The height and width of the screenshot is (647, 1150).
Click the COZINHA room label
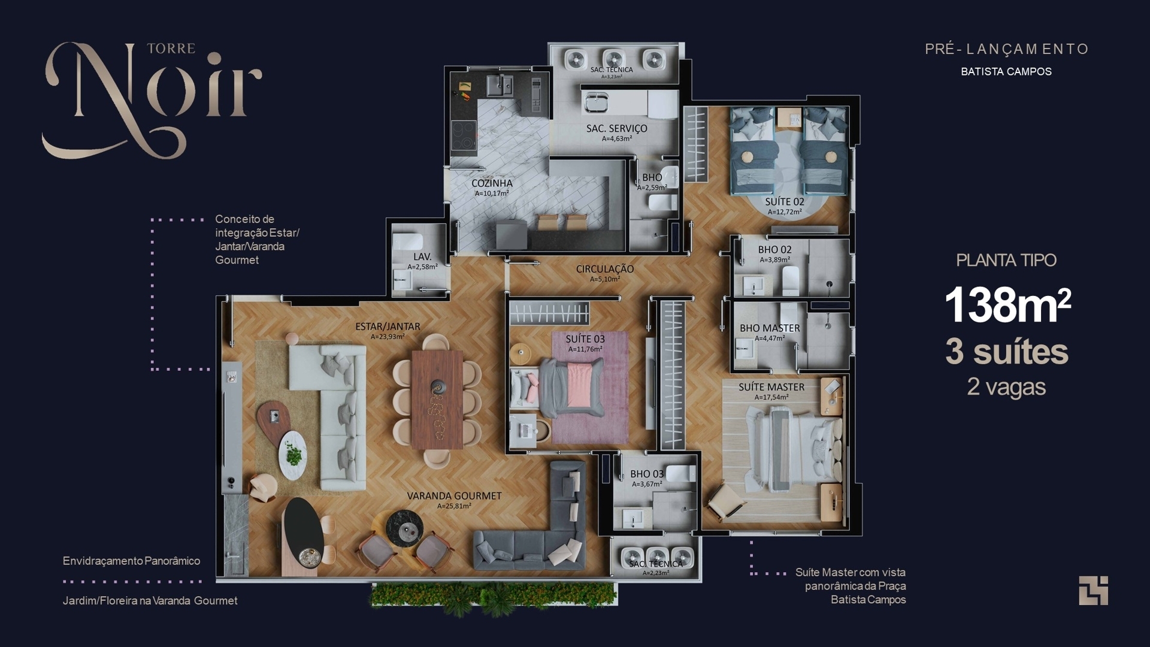click(492, 183)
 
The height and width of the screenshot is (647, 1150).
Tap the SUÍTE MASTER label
click(771, 387)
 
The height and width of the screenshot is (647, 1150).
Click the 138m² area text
click(1007, 305)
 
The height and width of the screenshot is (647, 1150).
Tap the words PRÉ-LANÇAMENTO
click(1006, 49)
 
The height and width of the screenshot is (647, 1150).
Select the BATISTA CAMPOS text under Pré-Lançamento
click(1006, 71)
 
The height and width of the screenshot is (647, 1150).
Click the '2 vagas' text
click(1006, 387)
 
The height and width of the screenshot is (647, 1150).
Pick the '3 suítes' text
click(1006, 352)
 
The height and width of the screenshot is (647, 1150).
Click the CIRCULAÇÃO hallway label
click(604, 269)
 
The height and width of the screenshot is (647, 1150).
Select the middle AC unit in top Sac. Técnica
click(614, 59)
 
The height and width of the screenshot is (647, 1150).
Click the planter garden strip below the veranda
click(493, 596)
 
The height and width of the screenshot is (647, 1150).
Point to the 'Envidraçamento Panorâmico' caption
click(131, 561)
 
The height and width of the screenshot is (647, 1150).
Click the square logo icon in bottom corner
click(1093, 591)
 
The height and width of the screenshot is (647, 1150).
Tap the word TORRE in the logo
click(171, 49)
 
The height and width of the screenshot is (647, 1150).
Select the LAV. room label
click(422, 256)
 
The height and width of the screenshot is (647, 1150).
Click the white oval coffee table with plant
click(293, 455)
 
